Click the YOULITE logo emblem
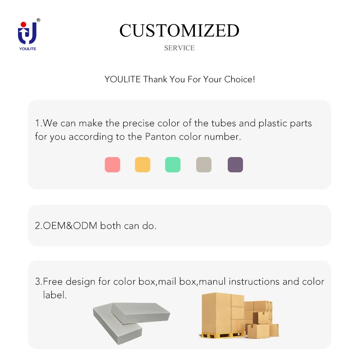tap(27, 34)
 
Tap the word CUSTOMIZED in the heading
tap(179, 31)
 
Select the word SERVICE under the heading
tap(179, 48)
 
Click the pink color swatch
tap(112, 165)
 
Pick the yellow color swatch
tap(143, 165)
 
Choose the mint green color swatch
tap(173, 165)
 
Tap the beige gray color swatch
tap(204, 165)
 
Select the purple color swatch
tap(235, 165)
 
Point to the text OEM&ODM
tap(70, 226)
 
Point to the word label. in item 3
tap(55, 295)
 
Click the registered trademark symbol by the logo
tap(38, 20)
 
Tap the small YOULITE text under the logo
tap(27, 49)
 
